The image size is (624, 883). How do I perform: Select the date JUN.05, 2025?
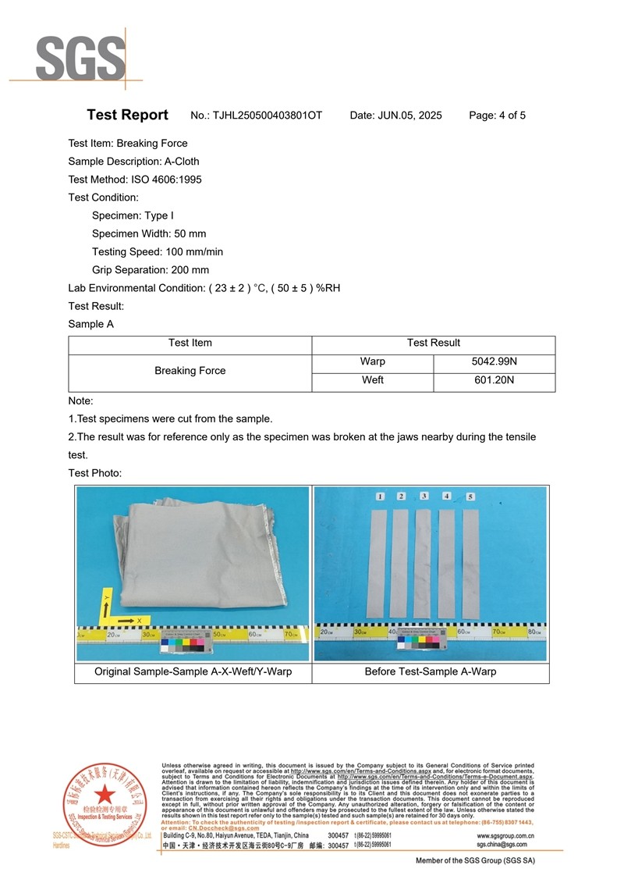(409, 116)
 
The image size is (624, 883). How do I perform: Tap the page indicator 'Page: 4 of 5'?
(497, 116)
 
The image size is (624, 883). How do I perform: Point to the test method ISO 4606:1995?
(159, 180)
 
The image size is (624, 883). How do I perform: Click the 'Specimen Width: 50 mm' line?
(148, 233)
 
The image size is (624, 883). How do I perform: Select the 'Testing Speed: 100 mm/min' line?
(157, 251)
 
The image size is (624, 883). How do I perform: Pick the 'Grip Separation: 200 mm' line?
(150, 269)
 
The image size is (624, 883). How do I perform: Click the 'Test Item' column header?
(190, 343)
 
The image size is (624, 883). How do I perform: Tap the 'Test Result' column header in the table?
(434, 343)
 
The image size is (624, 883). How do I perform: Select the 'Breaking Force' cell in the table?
(190, 371)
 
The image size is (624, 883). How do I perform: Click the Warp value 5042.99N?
(495, 361)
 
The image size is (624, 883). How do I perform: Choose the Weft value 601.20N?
(495, 380)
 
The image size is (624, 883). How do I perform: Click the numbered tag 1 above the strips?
(379, 497)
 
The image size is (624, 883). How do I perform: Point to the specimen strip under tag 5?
(471, 562)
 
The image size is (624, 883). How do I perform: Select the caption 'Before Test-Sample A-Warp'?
(430, 671)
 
